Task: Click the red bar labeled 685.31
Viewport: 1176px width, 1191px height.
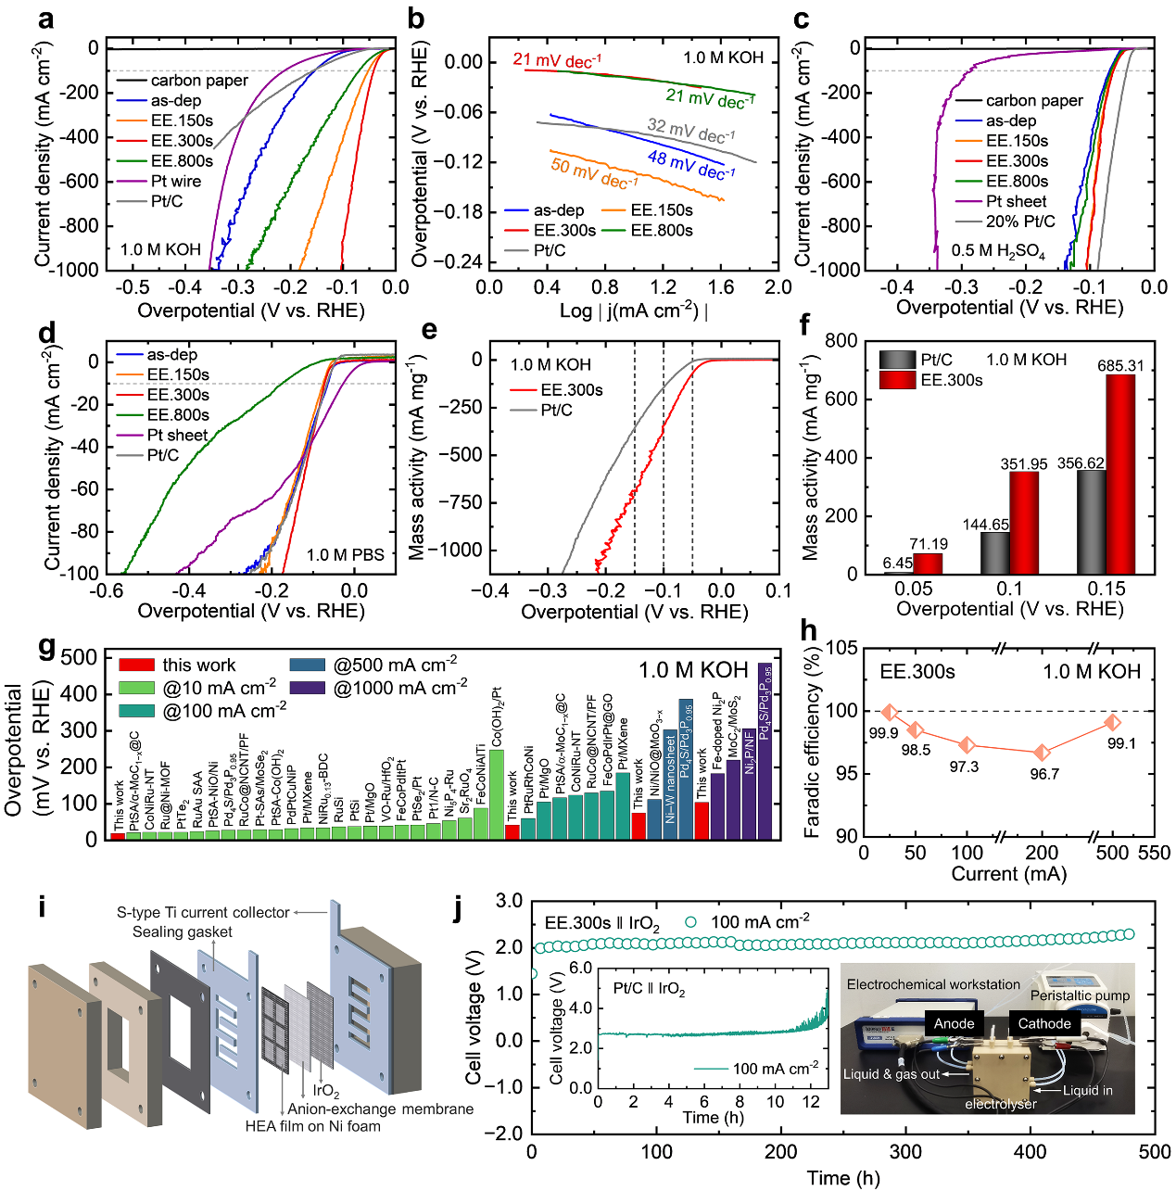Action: [x=1119, y=474]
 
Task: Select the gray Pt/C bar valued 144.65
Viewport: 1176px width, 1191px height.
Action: [x=994, y=552]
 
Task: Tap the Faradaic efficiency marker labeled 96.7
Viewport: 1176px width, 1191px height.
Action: [x=1043, y=753]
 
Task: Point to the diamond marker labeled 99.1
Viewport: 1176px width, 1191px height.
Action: [x=1113, y=722]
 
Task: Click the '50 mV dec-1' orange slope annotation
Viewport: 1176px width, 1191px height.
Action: [x=594, y=172]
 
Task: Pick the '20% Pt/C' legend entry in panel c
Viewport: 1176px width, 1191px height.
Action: [x=1019, y=222]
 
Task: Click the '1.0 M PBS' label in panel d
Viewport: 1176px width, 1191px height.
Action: [x=346, y=554]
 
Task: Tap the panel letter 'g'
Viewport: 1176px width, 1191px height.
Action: [x=46, y=646]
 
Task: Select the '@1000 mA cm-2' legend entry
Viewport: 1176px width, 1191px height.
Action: [x=400, y=688]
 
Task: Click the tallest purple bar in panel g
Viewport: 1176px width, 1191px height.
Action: [x=765, y=751]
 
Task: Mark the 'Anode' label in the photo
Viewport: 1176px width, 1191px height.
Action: [x=954, y=1023]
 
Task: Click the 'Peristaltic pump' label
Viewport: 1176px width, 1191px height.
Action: [x=1081, y=995]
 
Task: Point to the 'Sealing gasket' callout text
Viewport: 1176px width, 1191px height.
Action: [x=182, y=931]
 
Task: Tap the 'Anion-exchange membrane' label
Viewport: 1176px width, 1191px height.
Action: [x=380, y=1109]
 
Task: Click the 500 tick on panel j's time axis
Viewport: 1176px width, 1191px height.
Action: [x=1155, y=1151]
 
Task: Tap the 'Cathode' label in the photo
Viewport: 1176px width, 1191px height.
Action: [x=1044, y=1023]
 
